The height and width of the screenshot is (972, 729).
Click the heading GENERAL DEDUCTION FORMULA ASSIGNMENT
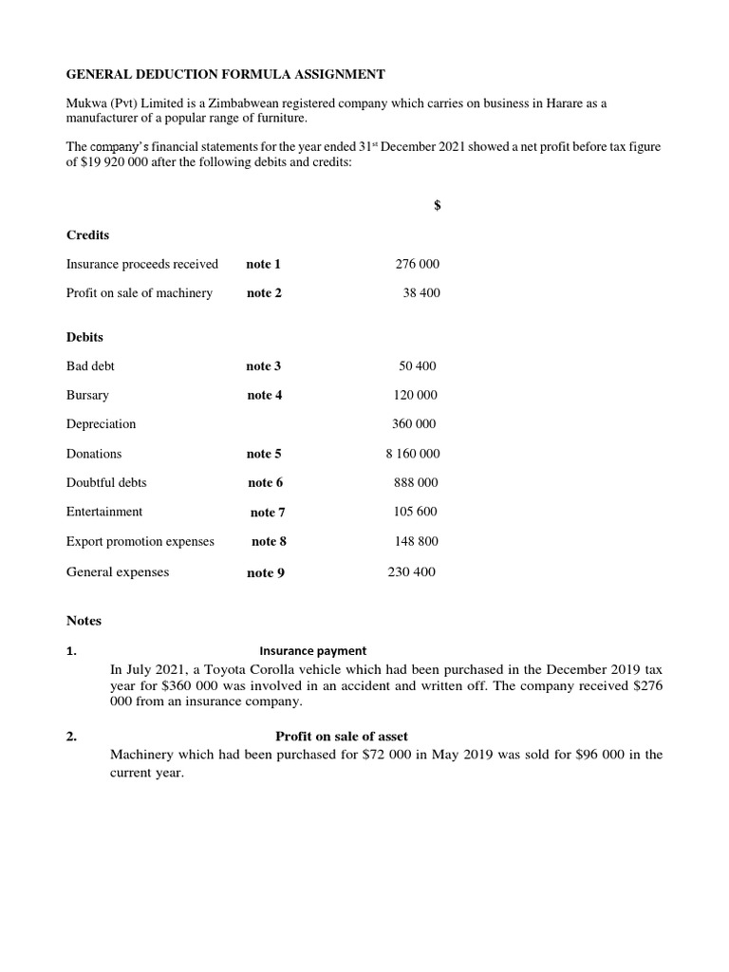225,73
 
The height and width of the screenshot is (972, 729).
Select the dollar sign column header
437,206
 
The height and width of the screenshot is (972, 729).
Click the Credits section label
87,234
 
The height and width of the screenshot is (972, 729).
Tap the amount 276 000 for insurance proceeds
417,264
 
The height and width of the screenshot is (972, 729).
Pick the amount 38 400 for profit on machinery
421,293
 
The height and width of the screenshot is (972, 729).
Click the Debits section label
84,337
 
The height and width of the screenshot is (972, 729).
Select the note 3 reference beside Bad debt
264,366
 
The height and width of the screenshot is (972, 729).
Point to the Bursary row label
87,395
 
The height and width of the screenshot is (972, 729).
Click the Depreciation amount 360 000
414,424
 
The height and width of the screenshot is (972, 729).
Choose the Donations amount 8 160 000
412,454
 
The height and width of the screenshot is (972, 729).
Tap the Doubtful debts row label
106,482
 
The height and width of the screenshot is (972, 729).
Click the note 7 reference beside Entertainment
268,513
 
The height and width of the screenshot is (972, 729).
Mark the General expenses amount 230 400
412,571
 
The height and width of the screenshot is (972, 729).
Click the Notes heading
84,621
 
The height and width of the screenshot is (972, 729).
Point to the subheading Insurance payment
312,650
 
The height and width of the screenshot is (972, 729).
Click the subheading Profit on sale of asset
342,737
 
